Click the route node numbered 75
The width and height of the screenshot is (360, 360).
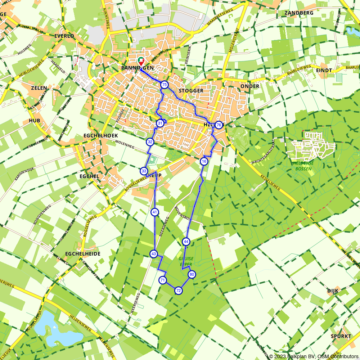[x=165, y=85]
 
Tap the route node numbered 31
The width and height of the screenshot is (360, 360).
[x=160, y=123]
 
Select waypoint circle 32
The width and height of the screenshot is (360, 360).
[x=150, y=142]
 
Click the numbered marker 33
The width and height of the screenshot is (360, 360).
[x=144, y=171]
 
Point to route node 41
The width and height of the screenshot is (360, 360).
[x=155, y=212]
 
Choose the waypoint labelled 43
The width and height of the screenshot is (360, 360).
[x=154, y=254]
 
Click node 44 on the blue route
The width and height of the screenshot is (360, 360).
[x=186, y=242]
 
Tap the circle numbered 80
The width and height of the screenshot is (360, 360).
[x=192, y=274]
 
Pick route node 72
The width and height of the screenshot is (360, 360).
[x=179, y=291]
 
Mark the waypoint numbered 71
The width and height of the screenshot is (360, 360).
[x=163, y=280]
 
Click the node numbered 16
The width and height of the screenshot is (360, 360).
[x=204, y=161]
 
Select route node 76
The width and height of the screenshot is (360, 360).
[x=219, y=125]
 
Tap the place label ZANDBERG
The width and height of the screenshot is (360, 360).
[x=299, y=13]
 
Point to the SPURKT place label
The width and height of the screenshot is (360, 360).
[x=341, y=336]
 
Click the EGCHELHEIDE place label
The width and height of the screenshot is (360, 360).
[x=83, y=254]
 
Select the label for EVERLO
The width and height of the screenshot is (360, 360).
[x=64, y=36]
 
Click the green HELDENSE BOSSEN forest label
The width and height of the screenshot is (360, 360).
[x=303, y=166]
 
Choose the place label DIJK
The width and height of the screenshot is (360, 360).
[x=333, y=291]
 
